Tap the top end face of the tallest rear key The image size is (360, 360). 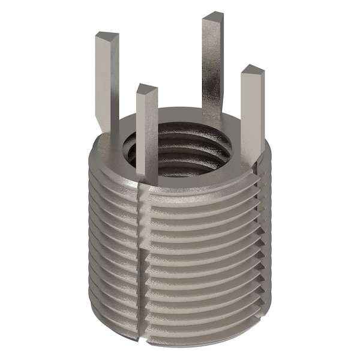click(213, 17)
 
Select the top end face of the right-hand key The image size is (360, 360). click(253, 70)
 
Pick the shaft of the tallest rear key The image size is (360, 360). click(212, 66)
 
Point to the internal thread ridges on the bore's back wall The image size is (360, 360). click(180, 135)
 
